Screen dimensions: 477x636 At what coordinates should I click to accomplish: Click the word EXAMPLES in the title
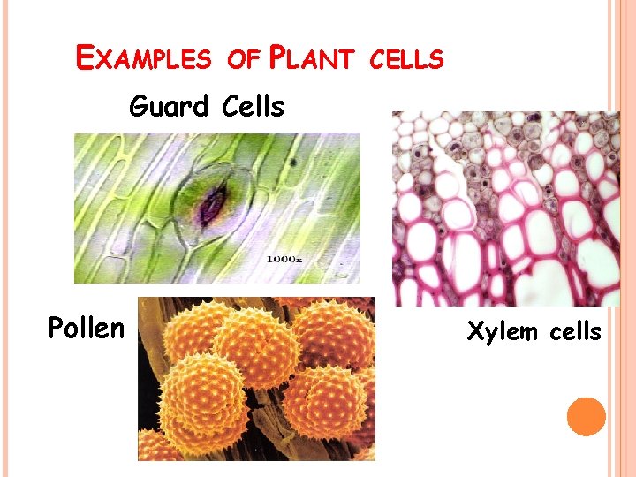click(x=144, y=59)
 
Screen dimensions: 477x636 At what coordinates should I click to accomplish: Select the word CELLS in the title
click(x=405, y=59)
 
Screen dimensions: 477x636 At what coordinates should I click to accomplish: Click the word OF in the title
click(x=242, y=59)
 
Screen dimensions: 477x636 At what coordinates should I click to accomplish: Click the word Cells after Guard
click(x=253, y=107)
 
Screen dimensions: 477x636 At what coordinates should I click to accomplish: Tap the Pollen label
click(x=86, y=328)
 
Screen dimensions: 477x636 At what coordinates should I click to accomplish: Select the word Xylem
click(x=498, y=331)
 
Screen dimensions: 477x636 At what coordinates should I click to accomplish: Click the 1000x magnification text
click(x=284, y=259)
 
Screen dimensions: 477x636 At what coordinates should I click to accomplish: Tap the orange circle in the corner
click(x=587, y=416)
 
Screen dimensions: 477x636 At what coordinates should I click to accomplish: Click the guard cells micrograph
click(x=217, y=208)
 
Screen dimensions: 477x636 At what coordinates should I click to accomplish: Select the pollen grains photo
click(x=256, y=379)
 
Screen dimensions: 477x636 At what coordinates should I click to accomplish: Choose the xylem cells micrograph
click(x=505, y=208)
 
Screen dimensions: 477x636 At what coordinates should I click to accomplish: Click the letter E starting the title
click(x=86, y=58)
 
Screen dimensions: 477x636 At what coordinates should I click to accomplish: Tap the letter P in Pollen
click(x=56, y=328)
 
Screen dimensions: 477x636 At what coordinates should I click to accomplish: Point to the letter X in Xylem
click(x=473, y=331)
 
